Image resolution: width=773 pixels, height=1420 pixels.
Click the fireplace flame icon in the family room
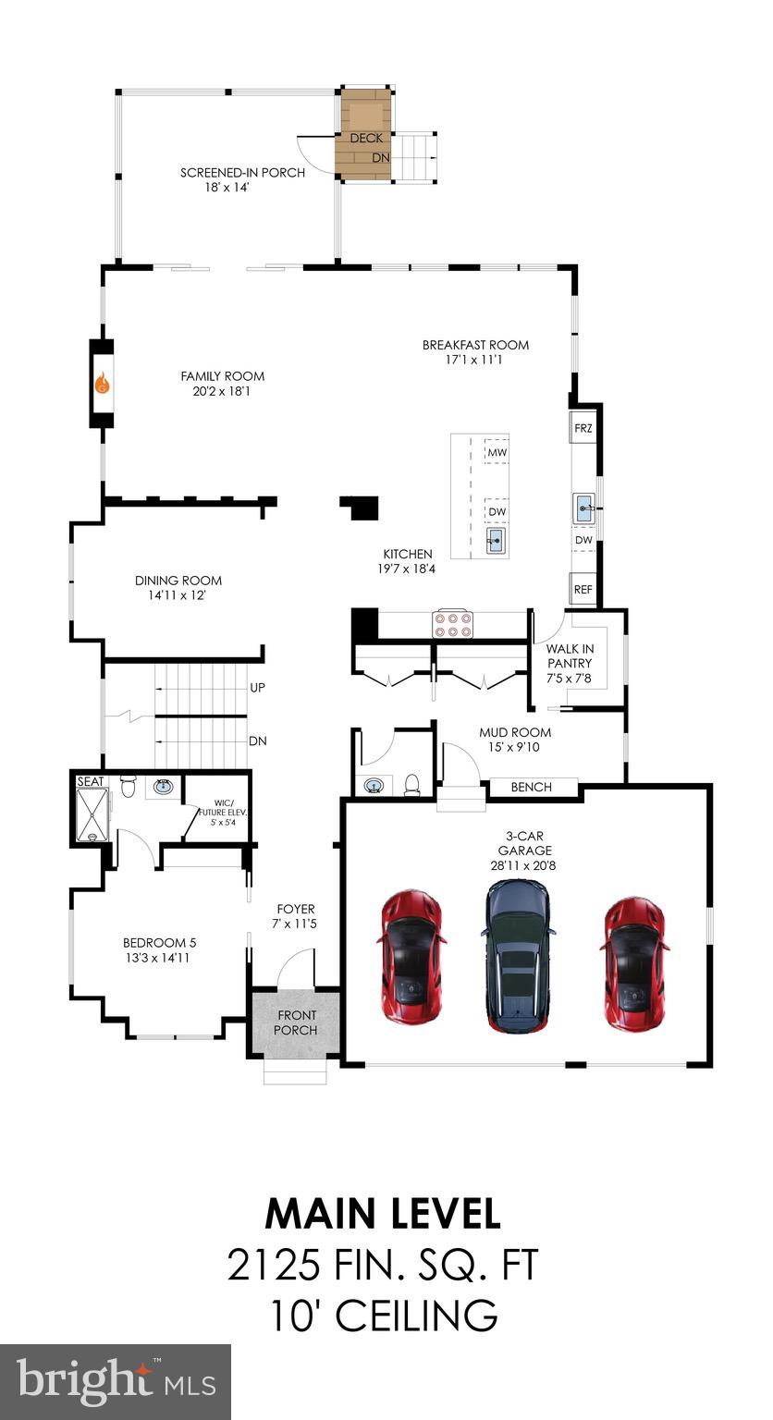pos(102,383)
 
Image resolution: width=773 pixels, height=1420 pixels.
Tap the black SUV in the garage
pos(518,955)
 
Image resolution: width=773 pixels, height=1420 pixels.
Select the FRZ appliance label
pos(583,429)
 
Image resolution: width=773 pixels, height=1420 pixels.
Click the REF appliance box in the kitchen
pos(583,589)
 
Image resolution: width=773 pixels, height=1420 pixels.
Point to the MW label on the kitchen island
pos(497,452)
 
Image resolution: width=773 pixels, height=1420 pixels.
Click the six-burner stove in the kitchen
pos(453,623)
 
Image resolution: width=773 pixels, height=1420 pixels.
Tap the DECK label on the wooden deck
pos(366,138)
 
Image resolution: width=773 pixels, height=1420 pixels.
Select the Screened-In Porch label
pos(242,172)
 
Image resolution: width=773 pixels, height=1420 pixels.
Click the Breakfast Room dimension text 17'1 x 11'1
pos(475,360)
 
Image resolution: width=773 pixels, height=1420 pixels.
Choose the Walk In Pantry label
pos(570,655)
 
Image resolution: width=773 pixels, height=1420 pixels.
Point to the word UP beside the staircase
pos(258,688)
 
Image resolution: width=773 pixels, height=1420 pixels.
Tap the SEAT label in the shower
pos(90,781)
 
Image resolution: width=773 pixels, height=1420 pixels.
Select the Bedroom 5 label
pos(159,943)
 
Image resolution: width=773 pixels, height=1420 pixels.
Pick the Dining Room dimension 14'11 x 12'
pos(178,595)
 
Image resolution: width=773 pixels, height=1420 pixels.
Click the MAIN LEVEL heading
pos(383,1214)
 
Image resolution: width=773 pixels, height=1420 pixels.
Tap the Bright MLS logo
pos(116,1381)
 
